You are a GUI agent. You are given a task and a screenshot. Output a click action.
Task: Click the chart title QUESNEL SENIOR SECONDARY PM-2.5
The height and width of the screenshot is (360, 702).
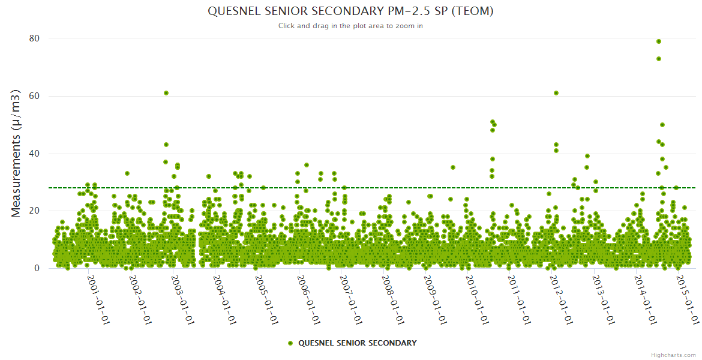(350, 11)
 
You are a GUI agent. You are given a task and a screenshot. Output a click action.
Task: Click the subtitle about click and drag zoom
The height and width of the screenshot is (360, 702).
(350, 26)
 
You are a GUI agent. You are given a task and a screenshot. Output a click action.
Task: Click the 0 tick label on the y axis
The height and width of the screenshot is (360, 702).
(37, 268)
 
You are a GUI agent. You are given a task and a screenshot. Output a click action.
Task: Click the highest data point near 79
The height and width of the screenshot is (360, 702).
(659, 41)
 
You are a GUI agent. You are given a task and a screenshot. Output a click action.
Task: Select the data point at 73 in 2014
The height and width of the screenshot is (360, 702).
(659, 59)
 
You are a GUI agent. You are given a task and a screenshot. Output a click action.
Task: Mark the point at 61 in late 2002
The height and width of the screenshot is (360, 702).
(166, 93)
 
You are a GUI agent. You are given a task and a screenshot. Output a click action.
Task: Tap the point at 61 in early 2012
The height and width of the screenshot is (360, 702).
(556, 93)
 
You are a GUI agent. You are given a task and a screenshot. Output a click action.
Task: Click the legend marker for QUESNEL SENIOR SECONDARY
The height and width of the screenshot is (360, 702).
(290, 343)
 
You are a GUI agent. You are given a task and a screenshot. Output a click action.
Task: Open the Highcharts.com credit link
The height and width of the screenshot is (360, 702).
(673, 355)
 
